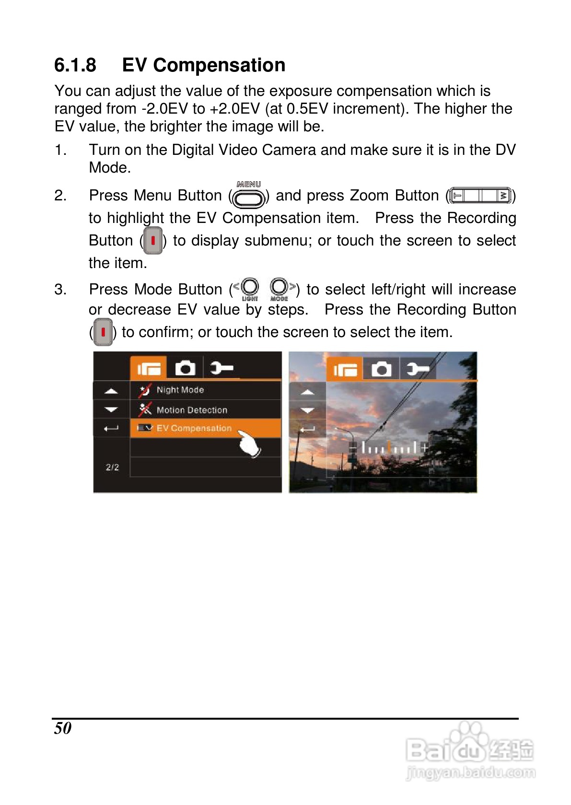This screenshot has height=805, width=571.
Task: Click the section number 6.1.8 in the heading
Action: (75, 65)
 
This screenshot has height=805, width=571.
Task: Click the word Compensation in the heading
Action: (219, 66)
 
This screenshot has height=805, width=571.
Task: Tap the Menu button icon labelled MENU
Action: (249, 195)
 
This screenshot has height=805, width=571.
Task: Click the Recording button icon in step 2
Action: (153, 240)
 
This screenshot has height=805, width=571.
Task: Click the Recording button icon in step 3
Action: (103, 332)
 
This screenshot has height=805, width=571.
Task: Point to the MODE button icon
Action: (280, 289)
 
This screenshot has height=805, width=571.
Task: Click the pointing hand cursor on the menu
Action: (249, 444)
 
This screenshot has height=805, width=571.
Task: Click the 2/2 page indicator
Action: (112, 467)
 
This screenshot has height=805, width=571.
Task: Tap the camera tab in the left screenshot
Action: (185, 368)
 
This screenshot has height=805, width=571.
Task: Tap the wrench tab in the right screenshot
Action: (418, 369)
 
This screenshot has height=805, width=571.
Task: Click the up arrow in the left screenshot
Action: (111, 391)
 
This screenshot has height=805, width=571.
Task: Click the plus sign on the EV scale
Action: (425, 448)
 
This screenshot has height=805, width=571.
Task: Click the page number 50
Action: (63, 728)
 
